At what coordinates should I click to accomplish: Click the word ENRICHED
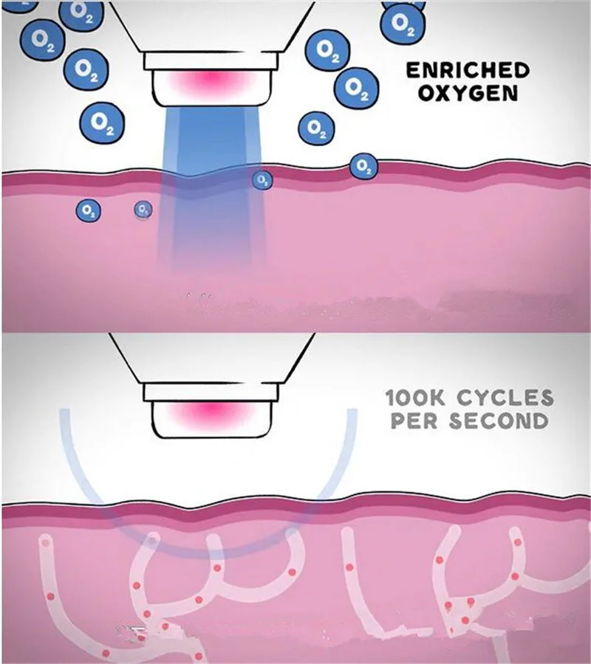tap(468, 71)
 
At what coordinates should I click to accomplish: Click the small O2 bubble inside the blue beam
tap(262, 179)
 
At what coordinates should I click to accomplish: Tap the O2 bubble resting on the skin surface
tap(363, 167)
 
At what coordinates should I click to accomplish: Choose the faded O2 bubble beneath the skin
tap(143, 210)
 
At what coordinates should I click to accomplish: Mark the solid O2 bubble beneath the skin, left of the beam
tap(89, 211)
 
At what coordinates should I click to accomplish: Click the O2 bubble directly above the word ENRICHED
tap(402, 22)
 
